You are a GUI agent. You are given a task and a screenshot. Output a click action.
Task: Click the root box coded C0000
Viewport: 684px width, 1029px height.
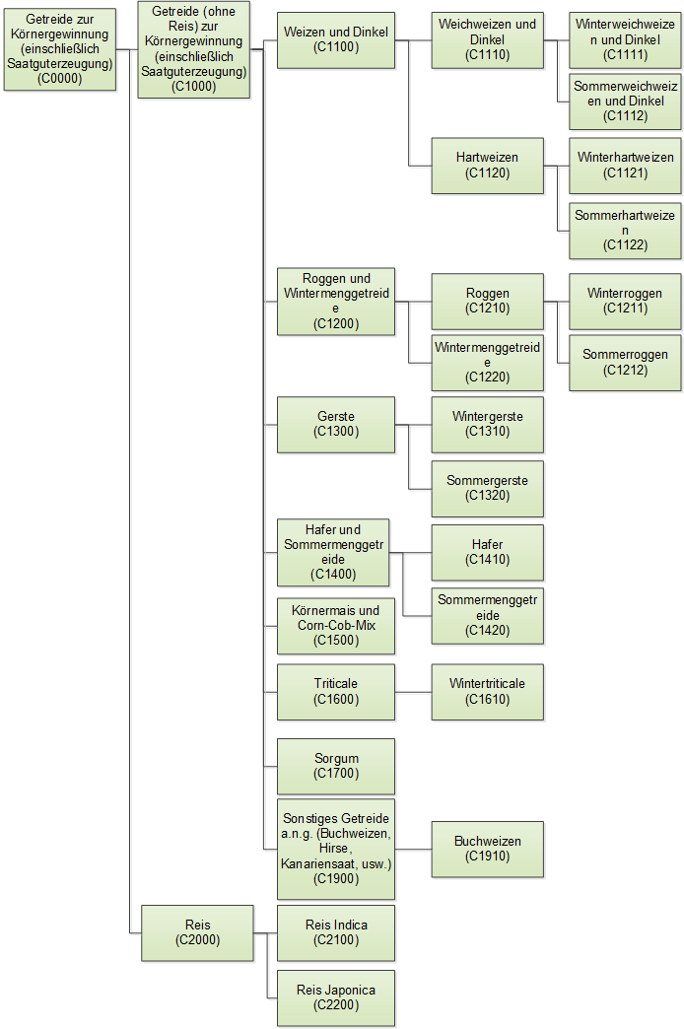(x=60, y=49)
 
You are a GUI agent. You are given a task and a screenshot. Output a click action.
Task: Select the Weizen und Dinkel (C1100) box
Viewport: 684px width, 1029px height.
(x=336, y=40)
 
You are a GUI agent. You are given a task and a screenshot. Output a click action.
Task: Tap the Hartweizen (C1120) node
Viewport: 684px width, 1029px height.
(x=487, y=166)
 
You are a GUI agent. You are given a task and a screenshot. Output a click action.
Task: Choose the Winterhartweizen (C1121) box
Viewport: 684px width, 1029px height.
(x=625, y=166)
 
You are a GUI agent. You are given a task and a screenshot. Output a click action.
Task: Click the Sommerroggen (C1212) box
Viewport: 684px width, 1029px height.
(x=625, y=363)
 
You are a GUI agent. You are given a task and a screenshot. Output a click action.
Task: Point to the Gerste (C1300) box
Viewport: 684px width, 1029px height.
(x=336, y=424)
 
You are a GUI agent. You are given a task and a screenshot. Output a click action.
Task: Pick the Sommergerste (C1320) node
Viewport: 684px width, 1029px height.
(x=487, y=488)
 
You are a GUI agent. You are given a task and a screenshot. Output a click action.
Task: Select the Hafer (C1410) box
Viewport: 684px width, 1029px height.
(x=487, y=552)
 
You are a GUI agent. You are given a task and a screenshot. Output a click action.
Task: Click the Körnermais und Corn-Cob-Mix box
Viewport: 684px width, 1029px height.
(x=336, y=626)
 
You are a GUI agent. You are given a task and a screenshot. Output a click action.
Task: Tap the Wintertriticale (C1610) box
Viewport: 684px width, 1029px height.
(x=487, y=692)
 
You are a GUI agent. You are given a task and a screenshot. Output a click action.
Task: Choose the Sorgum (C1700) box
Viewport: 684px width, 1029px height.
(x=336, y=766)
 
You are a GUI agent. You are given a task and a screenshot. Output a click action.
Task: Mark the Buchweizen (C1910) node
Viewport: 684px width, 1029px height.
(x=487, y=850)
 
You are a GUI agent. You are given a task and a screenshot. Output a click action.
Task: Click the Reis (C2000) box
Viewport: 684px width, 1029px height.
(x=197, y=932)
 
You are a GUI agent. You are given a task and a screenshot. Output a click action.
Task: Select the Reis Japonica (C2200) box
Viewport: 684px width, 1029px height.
(x=336, y=997)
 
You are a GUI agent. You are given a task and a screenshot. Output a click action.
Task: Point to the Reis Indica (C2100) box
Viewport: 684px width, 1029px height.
(x=336, y=932)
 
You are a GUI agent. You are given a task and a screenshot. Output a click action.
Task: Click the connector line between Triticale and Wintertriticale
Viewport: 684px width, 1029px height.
(x=414, y=692)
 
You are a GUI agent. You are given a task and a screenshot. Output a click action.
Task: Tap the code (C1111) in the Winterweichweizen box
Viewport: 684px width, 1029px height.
(x=625, y=55)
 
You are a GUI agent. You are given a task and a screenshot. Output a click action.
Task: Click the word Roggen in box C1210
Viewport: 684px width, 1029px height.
(x=487, y=294)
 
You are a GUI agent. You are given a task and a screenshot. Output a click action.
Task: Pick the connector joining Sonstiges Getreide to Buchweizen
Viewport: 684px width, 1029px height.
(x=414, y=850)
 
